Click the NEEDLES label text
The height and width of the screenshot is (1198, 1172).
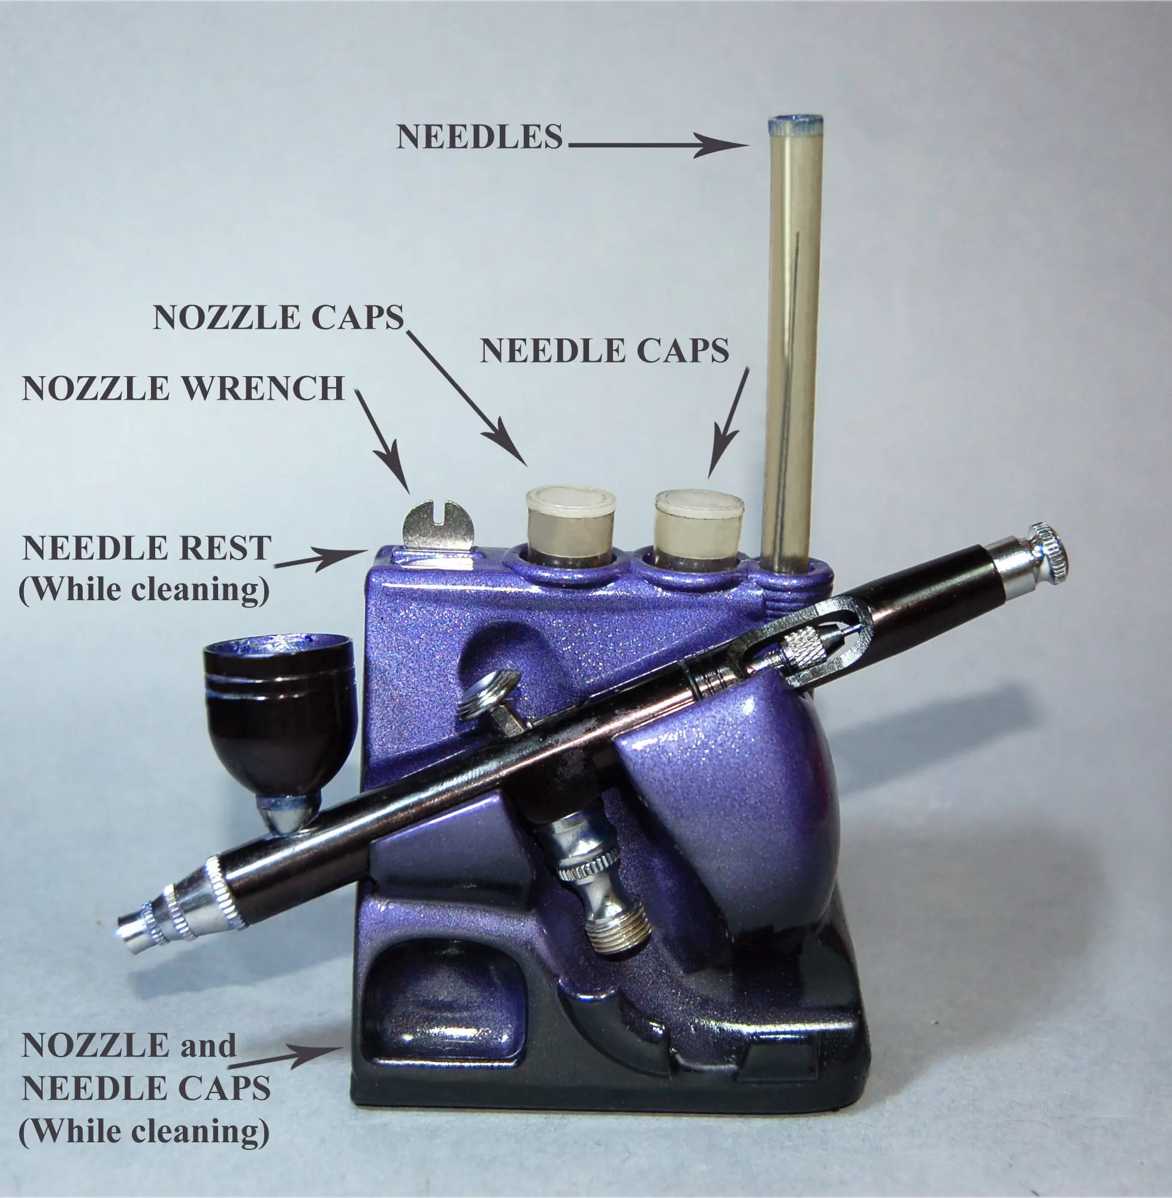pyautogui.click(x=479, y=136)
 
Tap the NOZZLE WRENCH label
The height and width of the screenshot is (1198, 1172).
pyautogui.click(x=183, y=388)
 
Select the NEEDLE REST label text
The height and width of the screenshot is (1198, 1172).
pyautogui.click(x=146, y=547)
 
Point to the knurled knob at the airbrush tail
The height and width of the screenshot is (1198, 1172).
pyautogui.click(x=1050, y=549)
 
